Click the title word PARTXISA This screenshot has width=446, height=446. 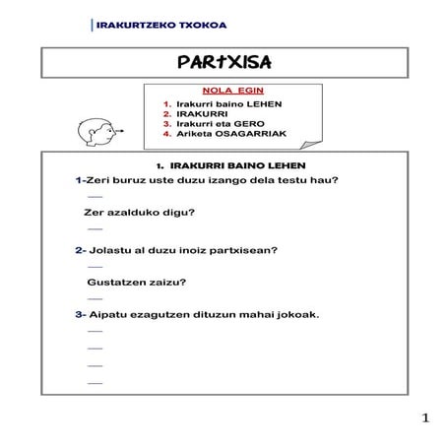click(x=223, y=63)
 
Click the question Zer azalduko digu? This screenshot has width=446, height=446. click(x=141, y=213)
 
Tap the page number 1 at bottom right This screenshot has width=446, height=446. click(x=424, y=419)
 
